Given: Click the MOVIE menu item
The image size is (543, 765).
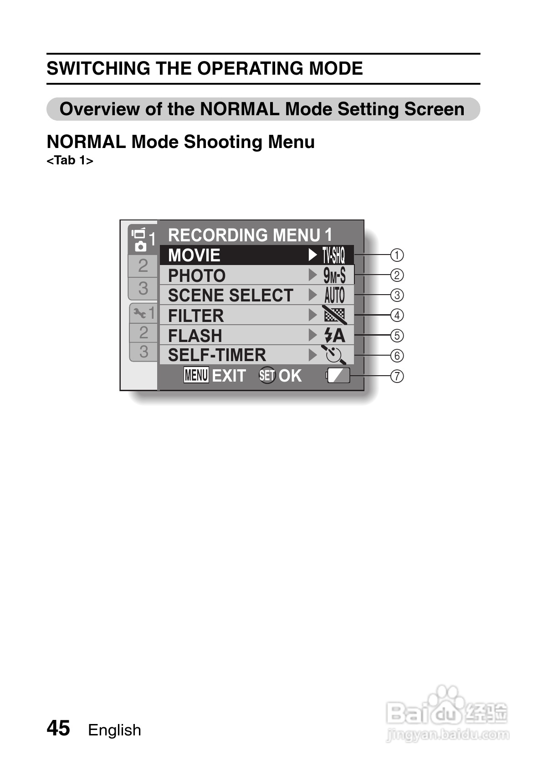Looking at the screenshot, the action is tap(194, 255).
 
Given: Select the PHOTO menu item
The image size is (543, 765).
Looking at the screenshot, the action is tap(197, 275).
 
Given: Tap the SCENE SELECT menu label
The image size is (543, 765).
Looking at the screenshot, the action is tap(231, 296).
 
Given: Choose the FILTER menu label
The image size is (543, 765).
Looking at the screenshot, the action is tap(196, 316).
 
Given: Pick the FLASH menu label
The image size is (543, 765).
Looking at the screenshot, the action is tap(195, 336).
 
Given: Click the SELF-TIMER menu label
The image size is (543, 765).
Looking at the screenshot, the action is tap(217, 355).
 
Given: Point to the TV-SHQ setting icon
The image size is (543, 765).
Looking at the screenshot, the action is tap(334, 255).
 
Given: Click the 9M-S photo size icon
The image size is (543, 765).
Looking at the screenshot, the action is tap(334, 275).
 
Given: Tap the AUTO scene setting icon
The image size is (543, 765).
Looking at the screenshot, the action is tap(334, 296).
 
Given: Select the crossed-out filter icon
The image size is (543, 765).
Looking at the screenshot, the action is tap(334, 315).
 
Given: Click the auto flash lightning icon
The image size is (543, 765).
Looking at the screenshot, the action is tap(334, 336).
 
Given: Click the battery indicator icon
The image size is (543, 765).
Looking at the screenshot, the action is tap(338, 376).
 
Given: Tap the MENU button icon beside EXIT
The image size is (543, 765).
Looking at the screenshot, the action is tap(196, 376).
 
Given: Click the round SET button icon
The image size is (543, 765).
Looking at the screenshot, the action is tap(267, 376).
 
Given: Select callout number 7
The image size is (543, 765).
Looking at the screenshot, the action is tap(397, 376).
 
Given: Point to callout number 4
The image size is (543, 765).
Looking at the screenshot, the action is tap(397, 315).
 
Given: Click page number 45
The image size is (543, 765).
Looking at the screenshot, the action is tap(58, 728).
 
